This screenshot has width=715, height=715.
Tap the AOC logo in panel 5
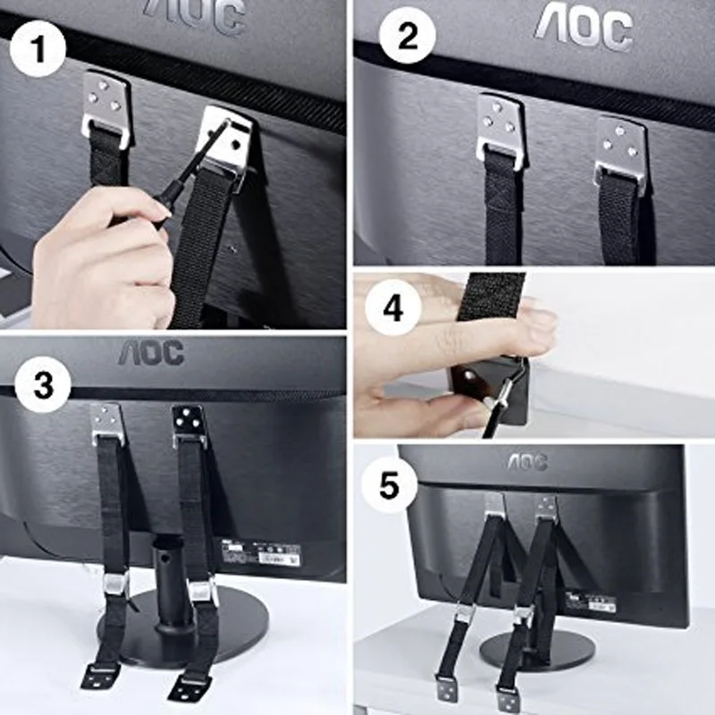point(527,461)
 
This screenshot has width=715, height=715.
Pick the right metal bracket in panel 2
point(620,147)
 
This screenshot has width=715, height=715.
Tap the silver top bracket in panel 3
point(106,423)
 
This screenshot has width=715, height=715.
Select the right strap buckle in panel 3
point(202,590)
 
